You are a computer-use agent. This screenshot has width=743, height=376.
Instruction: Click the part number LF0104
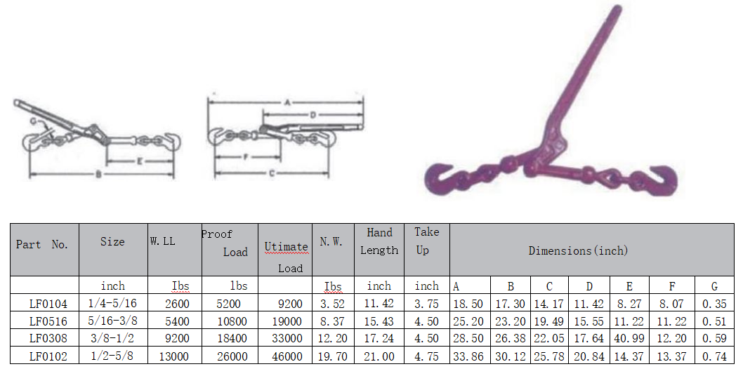pos(48,304)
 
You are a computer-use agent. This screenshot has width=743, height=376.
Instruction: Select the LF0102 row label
pos(48,356)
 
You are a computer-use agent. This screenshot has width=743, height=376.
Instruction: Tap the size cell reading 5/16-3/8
pos(112,321)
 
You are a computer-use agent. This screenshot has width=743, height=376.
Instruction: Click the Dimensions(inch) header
pos(578,250)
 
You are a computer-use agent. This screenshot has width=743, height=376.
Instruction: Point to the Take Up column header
pos(426,241)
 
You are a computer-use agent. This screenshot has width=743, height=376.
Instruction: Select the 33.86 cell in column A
pos(469,356)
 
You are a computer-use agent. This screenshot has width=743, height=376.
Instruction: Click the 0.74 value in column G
pos(714,356)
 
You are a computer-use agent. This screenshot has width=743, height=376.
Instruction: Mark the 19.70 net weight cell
pos(333,356)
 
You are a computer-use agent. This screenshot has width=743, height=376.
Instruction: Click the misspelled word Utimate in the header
pos(286,247)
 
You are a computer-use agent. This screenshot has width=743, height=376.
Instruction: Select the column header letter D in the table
pos(589,286)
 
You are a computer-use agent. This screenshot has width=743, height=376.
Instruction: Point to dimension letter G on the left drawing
pos(33,121)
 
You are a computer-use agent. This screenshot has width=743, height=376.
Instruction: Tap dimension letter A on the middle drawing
pos(287,102)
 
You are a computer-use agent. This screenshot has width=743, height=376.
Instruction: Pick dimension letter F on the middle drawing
pos(246,157)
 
